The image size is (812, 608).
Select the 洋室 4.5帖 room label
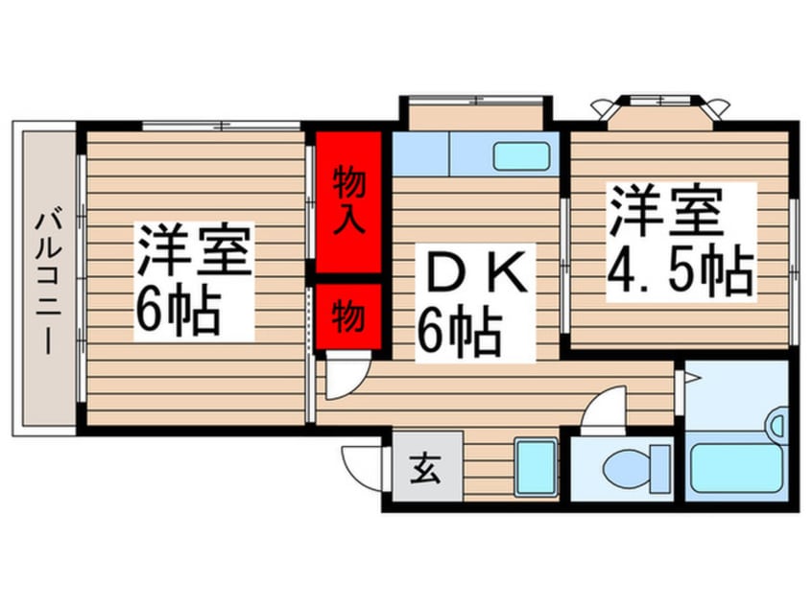(x=679, y=243)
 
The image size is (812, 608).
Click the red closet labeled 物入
(x=348, y=200)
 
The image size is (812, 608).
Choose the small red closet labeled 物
(x=348, y=315)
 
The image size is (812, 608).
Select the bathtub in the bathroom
(x=737, y=466)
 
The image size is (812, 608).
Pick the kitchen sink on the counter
(x=521, y=155)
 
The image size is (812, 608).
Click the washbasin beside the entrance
(x=536, y=467)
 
